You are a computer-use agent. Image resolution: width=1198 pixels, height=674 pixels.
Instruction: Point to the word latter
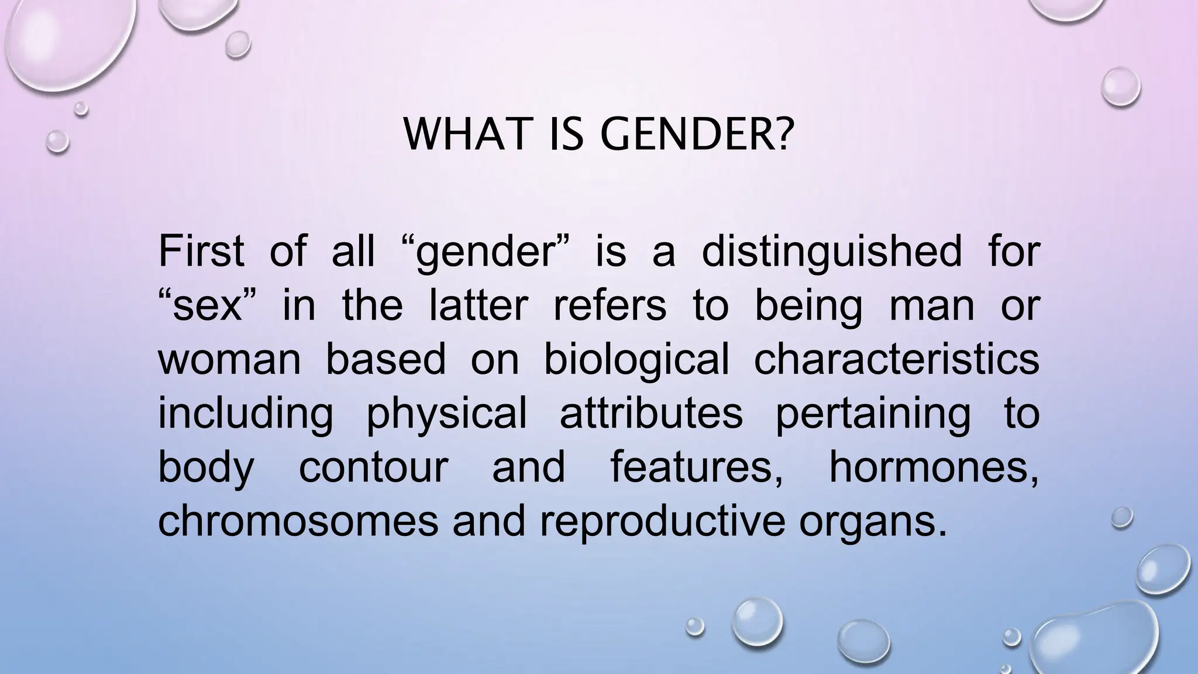click(x=478, y=305)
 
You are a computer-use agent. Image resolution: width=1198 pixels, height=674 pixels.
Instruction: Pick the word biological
click(x=636, y=359)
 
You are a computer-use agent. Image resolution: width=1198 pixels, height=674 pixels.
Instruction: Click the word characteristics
click(x=896, y=359)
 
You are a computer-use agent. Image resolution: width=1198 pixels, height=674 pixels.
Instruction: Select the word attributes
click(x=651, y=413)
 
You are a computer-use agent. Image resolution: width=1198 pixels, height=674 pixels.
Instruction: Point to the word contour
click(x=373, y=467)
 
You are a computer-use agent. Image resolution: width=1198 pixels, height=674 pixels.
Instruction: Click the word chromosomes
click(x=298, y=521)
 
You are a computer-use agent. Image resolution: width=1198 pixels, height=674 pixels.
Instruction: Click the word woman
click(x=229, y=359)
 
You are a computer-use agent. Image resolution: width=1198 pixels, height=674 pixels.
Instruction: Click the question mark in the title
click(x=787, y=135)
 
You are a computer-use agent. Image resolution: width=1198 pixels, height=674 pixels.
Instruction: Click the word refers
click(x=610, y=305)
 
